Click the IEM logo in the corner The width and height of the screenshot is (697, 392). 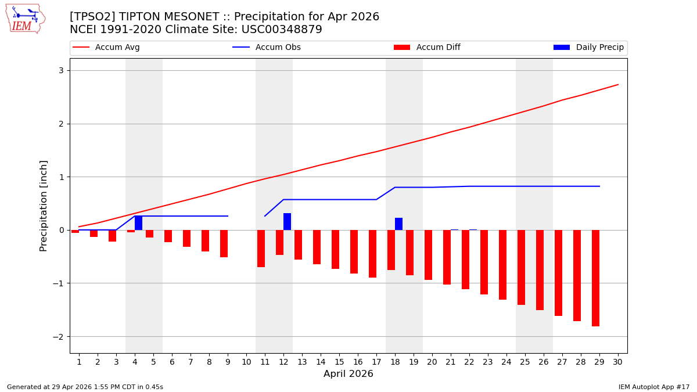click(x=25, y=19)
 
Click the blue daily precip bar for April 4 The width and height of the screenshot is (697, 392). click(x=138, y=223)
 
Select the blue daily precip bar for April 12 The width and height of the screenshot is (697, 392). click(x=287, y=222)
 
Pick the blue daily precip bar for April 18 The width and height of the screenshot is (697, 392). click(x=398, y=224)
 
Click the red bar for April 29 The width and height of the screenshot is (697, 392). click(x=595, y=278)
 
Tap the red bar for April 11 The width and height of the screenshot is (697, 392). click(x=261, y=249)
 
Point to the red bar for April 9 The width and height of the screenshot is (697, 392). click(x=224, y=243)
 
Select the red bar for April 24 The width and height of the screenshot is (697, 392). click(x=502, y=264)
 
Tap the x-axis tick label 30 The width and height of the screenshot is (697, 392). click(x=617, y=362)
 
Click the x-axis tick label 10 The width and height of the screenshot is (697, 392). click(x=246, y=362)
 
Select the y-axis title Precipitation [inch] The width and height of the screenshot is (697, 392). click(x=44, y=206)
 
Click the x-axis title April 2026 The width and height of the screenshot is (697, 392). click(x=348, y=374)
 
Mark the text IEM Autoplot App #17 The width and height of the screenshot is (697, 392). click(x=653, y=387)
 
